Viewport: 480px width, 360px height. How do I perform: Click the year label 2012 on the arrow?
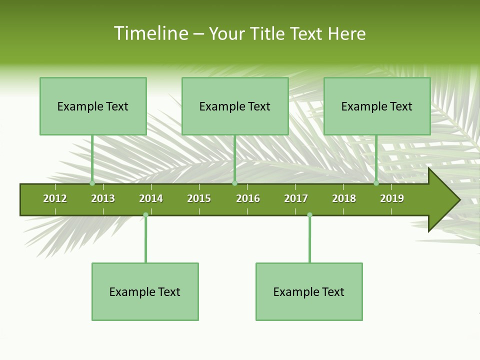click(55, 198)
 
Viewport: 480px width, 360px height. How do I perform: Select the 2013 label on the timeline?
click(103, 198)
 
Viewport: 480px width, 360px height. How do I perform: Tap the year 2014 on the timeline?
click(151, 198)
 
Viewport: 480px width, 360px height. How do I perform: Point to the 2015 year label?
click(199, 198)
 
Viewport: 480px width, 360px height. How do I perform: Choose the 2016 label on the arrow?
click(248, 198)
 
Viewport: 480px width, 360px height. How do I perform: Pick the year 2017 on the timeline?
click(296, 198)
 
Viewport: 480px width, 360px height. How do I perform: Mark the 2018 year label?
click(344, 198)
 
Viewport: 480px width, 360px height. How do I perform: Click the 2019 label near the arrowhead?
click(392, 198)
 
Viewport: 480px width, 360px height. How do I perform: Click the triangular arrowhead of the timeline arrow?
click(442, 200)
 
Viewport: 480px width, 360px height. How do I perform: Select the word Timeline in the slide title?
click(150, 33)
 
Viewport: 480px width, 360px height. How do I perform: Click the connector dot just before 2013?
click(92, 183)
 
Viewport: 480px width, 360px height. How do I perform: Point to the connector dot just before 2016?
click(234, 183)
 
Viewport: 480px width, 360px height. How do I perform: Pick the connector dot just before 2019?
click(376, 183)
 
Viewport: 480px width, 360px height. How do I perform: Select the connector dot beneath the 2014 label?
click(145, 215)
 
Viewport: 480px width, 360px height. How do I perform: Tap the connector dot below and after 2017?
click(309, 215)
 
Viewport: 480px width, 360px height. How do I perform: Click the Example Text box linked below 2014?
click(145, 291)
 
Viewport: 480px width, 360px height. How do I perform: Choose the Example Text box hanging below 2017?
click(309, 291)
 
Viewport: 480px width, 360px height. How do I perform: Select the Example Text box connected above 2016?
click(235, 106)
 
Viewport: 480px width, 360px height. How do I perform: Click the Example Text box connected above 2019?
click(377, 106)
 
